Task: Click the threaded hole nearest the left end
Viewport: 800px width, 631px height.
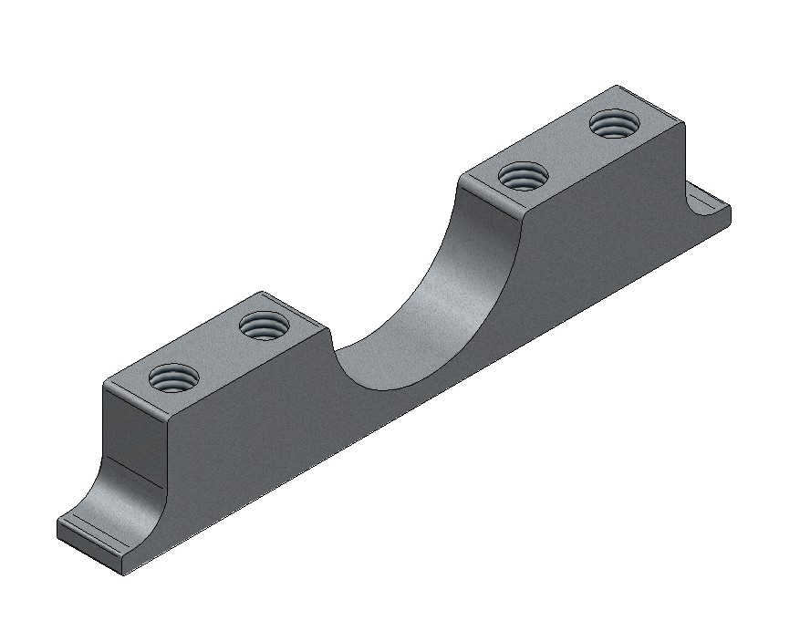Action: point(173,376)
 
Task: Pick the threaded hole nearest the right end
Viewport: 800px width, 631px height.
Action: point(613,122)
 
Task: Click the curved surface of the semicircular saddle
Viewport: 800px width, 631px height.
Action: point(429,301)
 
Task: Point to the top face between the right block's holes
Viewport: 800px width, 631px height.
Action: point(568,149)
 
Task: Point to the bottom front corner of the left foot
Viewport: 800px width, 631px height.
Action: point(122,574)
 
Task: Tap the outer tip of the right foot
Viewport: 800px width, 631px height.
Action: point(729,213)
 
